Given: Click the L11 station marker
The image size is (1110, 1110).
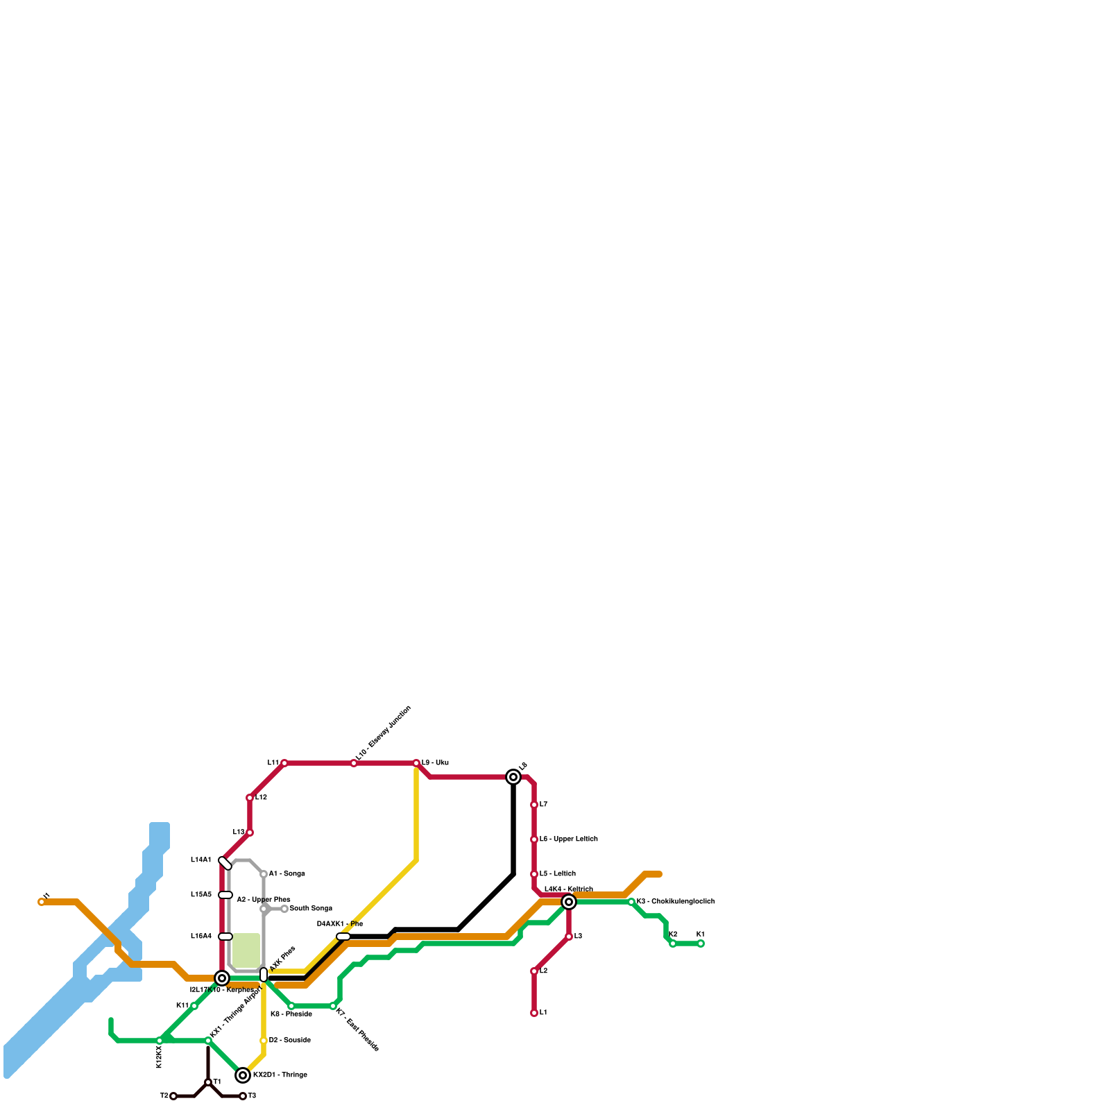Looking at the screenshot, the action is tap(284, 763).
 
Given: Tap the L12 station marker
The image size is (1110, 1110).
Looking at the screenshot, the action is tap(250, 798).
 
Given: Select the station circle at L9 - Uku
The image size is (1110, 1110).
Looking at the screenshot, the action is tap(416, 763).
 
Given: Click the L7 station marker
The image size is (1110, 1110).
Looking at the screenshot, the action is tap(534, 805).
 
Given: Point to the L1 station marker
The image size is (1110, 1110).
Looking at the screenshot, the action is tap(534, 1013).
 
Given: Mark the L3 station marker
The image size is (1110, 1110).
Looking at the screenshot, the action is tap(569, 937).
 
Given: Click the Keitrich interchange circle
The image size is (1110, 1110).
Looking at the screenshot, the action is tap(569, 902).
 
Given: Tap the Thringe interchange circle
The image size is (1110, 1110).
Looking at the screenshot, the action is tap(243, 1075).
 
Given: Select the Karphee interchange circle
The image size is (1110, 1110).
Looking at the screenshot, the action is tap(222, 978).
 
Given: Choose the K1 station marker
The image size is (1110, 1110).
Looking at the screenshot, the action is tap(701, 943).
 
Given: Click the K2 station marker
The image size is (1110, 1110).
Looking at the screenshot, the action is tap(673, 943).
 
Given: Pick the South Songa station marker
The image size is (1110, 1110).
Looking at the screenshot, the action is tap(284, 909).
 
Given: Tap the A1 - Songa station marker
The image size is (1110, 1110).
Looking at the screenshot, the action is tap(264, 874).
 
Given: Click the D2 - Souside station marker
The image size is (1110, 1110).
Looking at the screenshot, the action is tap(264, 1041).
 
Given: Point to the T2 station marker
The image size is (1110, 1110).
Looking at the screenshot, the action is tap(173, 1096).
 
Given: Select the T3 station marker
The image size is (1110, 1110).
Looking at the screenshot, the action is tap(243, 1096).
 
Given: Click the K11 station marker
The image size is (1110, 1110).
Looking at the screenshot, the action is tap(194, 1006).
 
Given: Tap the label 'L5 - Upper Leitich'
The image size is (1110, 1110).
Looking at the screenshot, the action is tap(568, 839).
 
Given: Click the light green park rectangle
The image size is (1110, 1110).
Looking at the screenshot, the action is tap(246, 950).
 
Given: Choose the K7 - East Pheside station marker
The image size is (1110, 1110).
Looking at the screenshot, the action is tap(333, 1006).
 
